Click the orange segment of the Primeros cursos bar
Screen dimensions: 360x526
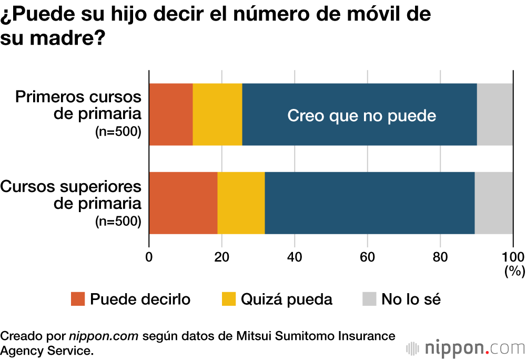[171, 114]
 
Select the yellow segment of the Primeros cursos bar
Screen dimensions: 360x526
[217, 114]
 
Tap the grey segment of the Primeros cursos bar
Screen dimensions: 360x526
[494, 114]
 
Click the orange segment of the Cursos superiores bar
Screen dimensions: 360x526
[183, 203]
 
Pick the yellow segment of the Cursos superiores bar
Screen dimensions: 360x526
[241, 203]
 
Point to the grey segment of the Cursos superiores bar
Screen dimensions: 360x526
[493, 203]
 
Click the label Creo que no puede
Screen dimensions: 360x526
[361, 115]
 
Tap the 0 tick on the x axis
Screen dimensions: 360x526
[149, 257]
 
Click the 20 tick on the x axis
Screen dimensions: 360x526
[222, 257]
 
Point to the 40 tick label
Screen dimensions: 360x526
[295, 257]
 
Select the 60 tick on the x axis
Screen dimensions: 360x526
[367, 257]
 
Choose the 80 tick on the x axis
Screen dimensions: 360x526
[440, 257]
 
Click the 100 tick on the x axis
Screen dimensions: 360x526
[513, 257]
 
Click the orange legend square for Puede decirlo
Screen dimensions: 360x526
[77, 299]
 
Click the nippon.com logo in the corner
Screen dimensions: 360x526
[466, 348]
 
